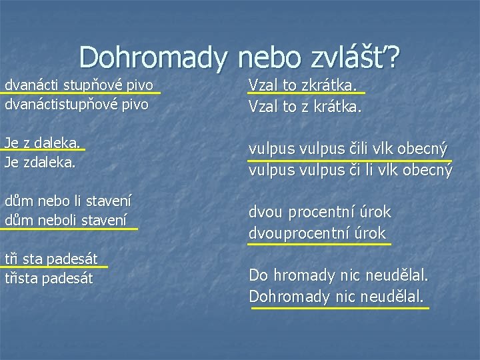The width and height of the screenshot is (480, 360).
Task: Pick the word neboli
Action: pyautogui.click(x=55, y=218)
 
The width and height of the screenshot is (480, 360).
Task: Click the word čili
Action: pyautogui.click(x=353, y=149)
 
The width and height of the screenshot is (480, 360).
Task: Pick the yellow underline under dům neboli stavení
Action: pyautogui.click(x=69, y=228)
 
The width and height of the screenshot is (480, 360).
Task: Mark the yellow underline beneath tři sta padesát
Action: pyautogui.click(x=54, y=268)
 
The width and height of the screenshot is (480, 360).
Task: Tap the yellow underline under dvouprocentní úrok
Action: pyautogui.click(x=319, y=244)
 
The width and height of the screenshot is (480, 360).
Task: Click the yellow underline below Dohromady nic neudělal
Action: pyautogui.click(x=339, y=307)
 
